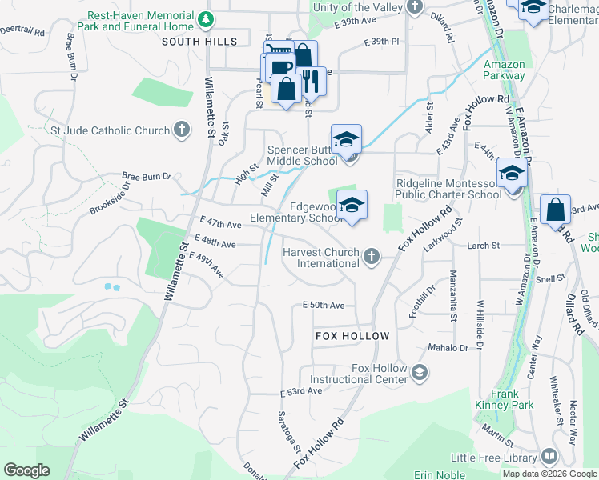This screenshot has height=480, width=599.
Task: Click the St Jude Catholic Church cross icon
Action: click(x=182, y=130)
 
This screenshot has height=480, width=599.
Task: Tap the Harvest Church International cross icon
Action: click(x=370, y=257)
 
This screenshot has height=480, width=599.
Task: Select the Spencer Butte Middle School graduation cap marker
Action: click(x=347, y=139)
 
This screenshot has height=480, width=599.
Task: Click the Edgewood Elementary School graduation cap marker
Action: click(x=352, y=206)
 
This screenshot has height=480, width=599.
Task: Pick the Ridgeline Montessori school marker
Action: click(x=512, y=173)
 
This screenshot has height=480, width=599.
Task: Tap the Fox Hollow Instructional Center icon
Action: click(x=420, y=373)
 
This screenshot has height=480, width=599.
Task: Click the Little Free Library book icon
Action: click(x=549, y=457)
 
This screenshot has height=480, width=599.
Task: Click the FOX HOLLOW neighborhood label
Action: click(x=352, y=337)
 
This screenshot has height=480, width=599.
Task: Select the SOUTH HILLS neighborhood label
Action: click(x=199, y=42)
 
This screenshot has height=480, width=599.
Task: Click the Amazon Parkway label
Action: click(x=504, y=70)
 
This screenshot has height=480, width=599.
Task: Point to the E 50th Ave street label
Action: click(x=323, y=306)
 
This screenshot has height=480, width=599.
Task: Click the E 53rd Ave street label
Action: click(x=301, y=391)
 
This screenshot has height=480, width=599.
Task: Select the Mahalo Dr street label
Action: click(x=447, y=348)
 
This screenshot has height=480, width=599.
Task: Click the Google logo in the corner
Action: click(x=26, y=470)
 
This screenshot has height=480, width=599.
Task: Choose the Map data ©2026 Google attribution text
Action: click(x=550, y=474)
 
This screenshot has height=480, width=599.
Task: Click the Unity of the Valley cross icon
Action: click(x=414, y=8)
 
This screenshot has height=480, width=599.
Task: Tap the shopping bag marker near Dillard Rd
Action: click(x=555, y=210)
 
